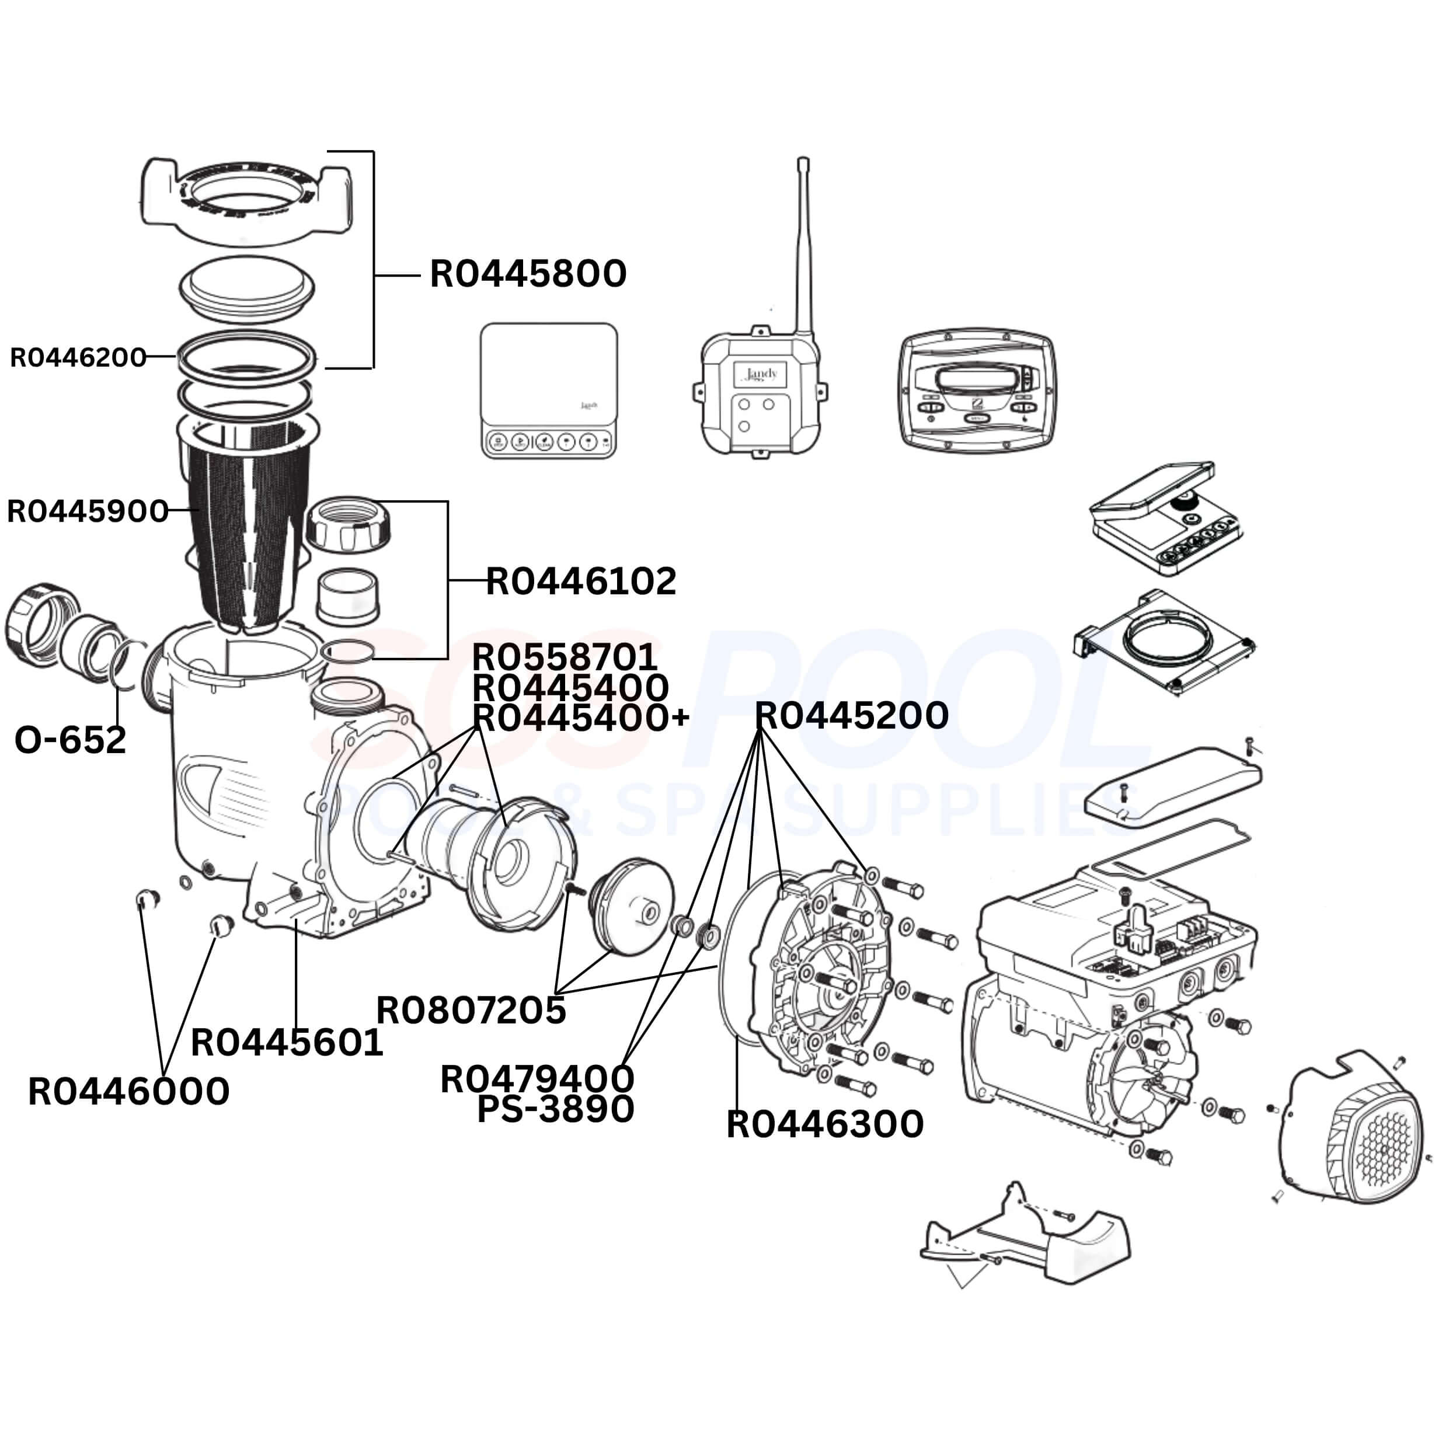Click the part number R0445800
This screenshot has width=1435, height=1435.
528,274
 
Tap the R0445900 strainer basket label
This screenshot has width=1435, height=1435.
88,511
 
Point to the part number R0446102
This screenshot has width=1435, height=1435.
581,581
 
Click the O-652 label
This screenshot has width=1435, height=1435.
71,740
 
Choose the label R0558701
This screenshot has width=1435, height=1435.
565,657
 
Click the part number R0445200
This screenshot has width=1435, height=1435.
851,715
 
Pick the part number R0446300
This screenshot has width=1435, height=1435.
824,1124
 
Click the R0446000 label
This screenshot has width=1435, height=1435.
128,1092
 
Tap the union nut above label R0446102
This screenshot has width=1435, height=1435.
347,524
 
